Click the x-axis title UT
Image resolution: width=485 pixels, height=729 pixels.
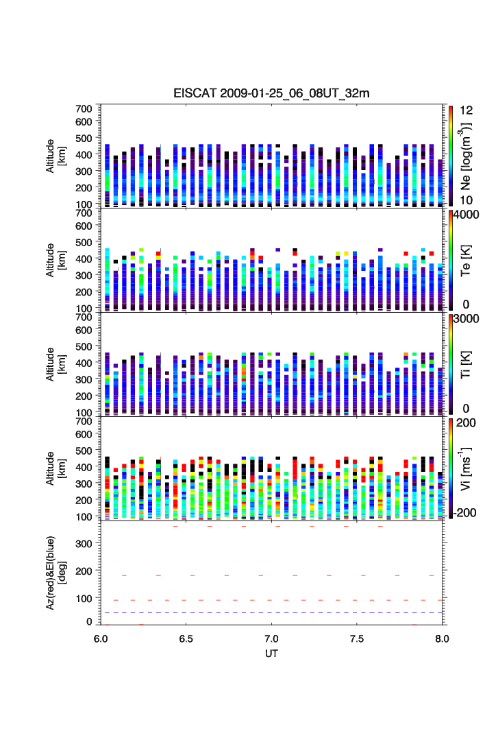coord(272,654)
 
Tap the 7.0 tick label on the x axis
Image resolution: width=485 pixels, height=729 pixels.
coord(272,638)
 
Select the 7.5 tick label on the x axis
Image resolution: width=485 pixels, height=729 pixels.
coord(358,638)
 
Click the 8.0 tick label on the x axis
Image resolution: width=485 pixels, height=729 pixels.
coord(442,638)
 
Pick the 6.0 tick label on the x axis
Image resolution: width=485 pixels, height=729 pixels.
coord(101,638)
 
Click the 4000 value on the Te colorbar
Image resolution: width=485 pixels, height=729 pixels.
coord(466,215)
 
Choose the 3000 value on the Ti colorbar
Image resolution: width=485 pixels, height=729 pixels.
coord(466,320)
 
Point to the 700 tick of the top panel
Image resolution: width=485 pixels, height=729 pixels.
coord(84,108)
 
